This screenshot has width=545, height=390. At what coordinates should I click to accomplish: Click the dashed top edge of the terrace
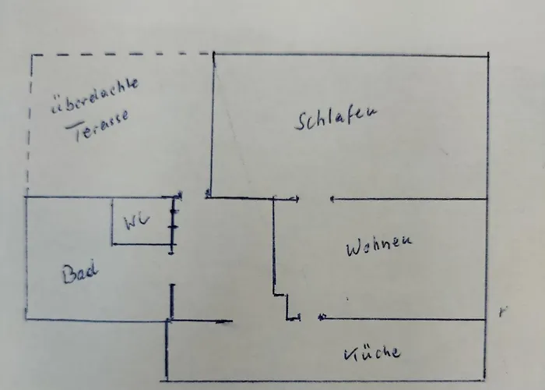click(117, 54)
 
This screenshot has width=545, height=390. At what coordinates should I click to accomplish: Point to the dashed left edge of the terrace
click(29, 125)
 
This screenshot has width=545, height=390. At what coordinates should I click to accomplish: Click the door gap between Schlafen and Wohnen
click(315, 199)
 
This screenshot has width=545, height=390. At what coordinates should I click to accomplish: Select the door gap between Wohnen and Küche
click(310, 317)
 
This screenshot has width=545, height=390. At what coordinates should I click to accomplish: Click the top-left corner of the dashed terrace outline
click(31, 55)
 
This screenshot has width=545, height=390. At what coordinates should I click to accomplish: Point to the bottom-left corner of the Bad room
click(26, 317)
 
